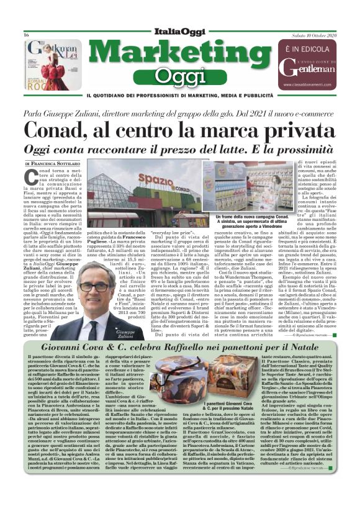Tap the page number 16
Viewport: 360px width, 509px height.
pos(27,35)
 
